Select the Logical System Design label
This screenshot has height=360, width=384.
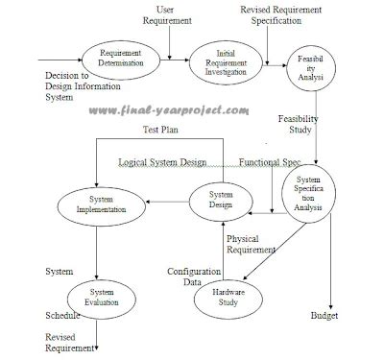click(176, 162)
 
